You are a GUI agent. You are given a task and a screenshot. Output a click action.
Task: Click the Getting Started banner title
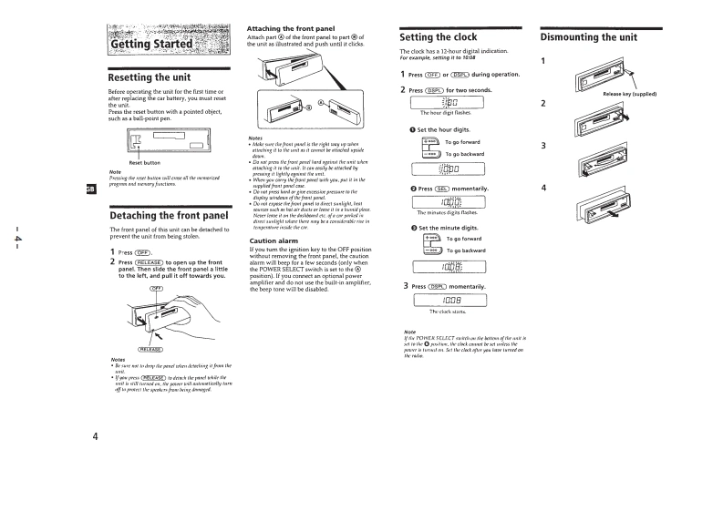click(151, 45)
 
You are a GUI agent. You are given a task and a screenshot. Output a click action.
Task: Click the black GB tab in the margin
click(90, 189)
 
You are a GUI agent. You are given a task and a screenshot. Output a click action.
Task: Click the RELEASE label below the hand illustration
click(151, 349)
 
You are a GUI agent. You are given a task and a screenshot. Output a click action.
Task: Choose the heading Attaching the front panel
click(290, 28)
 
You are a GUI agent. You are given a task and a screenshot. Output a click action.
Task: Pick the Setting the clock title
click(438, 37)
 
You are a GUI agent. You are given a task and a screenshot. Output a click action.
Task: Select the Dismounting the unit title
click(588, 37)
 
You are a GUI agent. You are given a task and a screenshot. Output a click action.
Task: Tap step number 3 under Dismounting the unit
click(543, 146)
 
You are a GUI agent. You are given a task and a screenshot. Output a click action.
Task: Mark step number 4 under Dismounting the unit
click(543, 188)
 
